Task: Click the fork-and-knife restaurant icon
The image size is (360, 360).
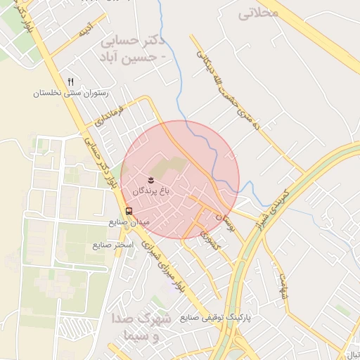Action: click(70, 82)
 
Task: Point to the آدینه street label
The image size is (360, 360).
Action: click(85, 30)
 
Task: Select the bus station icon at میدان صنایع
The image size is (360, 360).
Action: click(129, 210)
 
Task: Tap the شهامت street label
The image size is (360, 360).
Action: click(282, 286)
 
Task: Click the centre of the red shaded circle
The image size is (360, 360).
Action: click(180, 180)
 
